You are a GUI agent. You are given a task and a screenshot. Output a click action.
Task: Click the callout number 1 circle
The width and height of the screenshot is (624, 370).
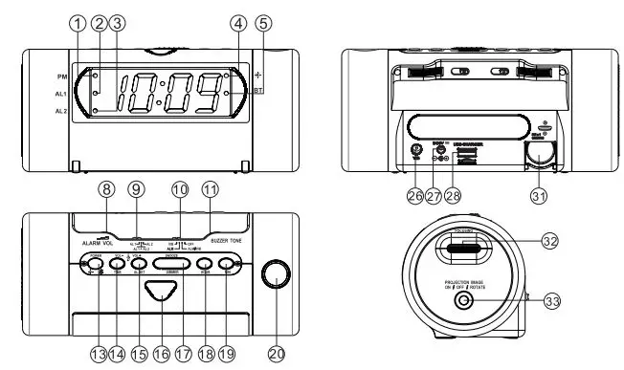(78, 22)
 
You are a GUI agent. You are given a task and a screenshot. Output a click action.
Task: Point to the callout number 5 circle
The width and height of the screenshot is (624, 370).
(263, 22)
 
